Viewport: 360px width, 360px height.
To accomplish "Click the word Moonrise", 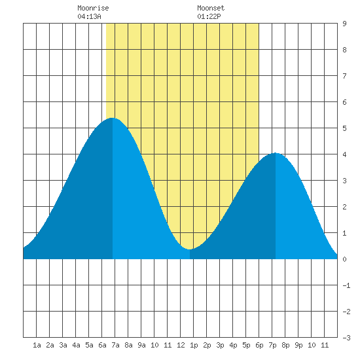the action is click(x=93, y=8).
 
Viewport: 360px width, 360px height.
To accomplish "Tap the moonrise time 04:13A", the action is click(x=89, y=16).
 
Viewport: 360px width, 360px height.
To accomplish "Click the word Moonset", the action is click(x=211, y=8).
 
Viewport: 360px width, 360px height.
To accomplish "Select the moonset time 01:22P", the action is click(x=209, y=16).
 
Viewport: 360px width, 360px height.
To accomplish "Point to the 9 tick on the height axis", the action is click(x=344, y=24).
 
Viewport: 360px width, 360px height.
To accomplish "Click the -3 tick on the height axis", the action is click(x=346, y=338).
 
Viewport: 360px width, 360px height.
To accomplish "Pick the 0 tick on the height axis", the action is click(x=344, y=259).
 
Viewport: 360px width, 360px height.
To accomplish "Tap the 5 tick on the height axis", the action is click(x=344, y=128).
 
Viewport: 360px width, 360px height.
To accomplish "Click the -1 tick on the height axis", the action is click(x=346, y=285).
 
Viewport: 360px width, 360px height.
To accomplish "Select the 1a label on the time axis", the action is click(x=37, y=345).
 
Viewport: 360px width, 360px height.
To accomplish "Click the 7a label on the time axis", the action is click(x=115, y=345).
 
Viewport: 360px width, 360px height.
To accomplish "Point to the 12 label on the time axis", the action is click(x=181, y=345).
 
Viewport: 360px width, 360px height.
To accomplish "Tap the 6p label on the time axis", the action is click(x=259, y=345).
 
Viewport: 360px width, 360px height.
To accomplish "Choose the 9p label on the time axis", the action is click(x=298, y=345).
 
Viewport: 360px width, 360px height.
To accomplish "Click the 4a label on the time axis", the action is click(x=76, y=345).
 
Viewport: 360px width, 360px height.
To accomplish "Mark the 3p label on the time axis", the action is click(x=220, y=345).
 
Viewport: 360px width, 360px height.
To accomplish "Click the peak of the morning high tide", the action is click(x=112, y=118).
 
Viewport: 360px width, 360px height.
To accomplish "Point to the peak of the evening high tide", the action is click(x=275, y=153).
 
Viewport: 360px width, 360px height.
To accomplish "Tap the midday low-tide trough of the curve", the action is click(x=189, y=249).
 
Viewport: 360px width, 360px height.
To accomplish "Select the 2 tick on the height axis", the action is click(x=344, y=207).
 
